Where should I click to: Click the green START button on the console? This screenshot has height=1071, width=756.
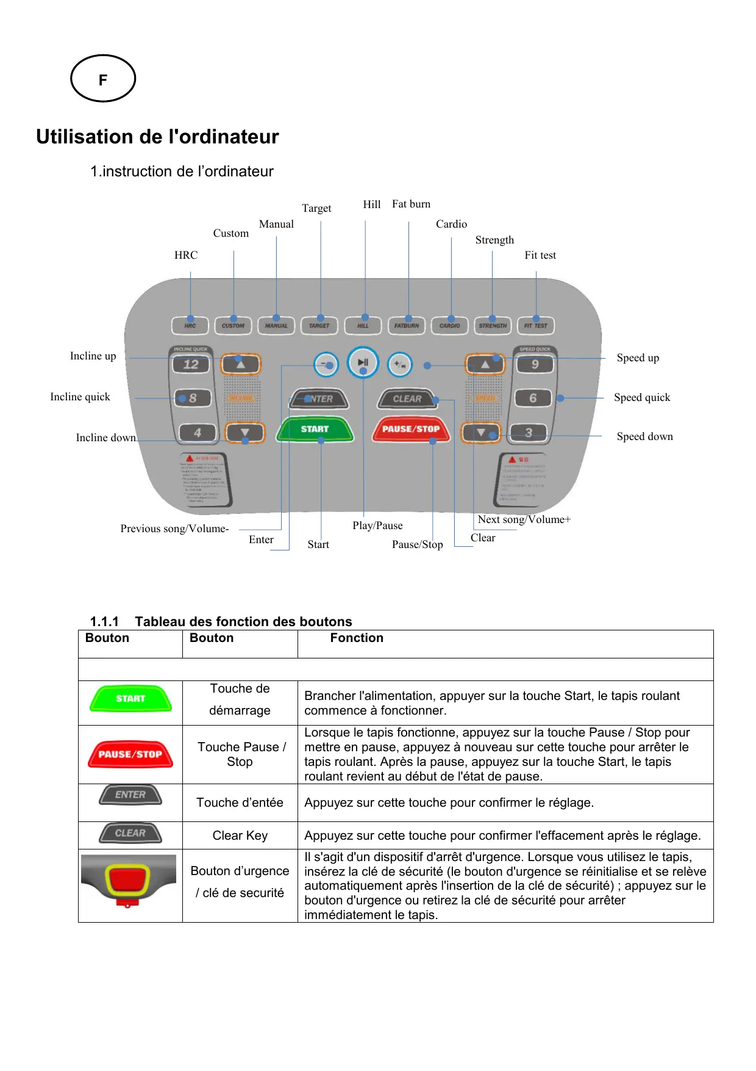click(315, 429)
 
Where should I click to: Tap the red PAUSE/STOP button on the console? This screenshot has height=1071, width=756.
click(410, 429)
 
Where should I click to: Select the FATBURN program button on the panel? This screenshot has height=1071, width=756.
click(407, 326)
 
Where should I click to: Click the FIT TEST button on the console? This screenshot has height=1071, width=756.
click(535, 326)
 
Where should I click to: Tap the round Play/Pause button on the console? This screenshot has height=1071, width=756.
click(363, 362)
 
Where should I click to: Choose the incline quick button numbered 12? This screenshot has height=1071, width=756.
click(191, 364)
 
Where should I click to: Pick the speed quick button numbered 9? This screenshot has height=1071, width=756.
click(535, 364)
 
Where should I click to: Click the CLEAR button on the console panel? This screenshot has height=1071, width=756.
click(407, 399)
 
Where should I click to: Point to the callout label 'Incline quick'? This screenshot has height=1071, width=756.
click(80, 397)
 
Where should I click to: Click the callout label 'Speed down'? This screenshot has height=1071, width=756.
click(644, 436)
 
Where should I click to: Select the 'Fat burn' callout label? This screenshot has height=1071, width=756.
click(411, 204)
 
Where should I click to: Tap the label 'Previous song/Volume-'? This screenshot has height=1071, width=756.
click(174, 528)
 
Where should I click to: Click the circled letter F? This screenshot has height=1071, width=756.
click(103, 79)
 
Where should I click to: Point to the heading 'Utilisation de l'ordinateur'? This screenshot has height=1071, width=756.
click(157, 137)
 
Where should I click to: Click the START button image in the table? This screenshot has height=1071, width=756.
click(130, 699)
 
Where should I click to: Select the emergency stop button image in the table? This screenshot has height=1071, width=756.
click(128, 881)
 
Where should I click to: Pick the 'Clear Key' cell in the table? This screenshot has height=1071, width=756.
click(240, 835)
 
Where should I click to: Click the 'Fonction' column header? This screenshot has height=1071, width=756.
click(357, 638)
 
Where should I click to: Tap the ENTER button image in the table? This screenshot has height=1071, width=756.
click(130, 795)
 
